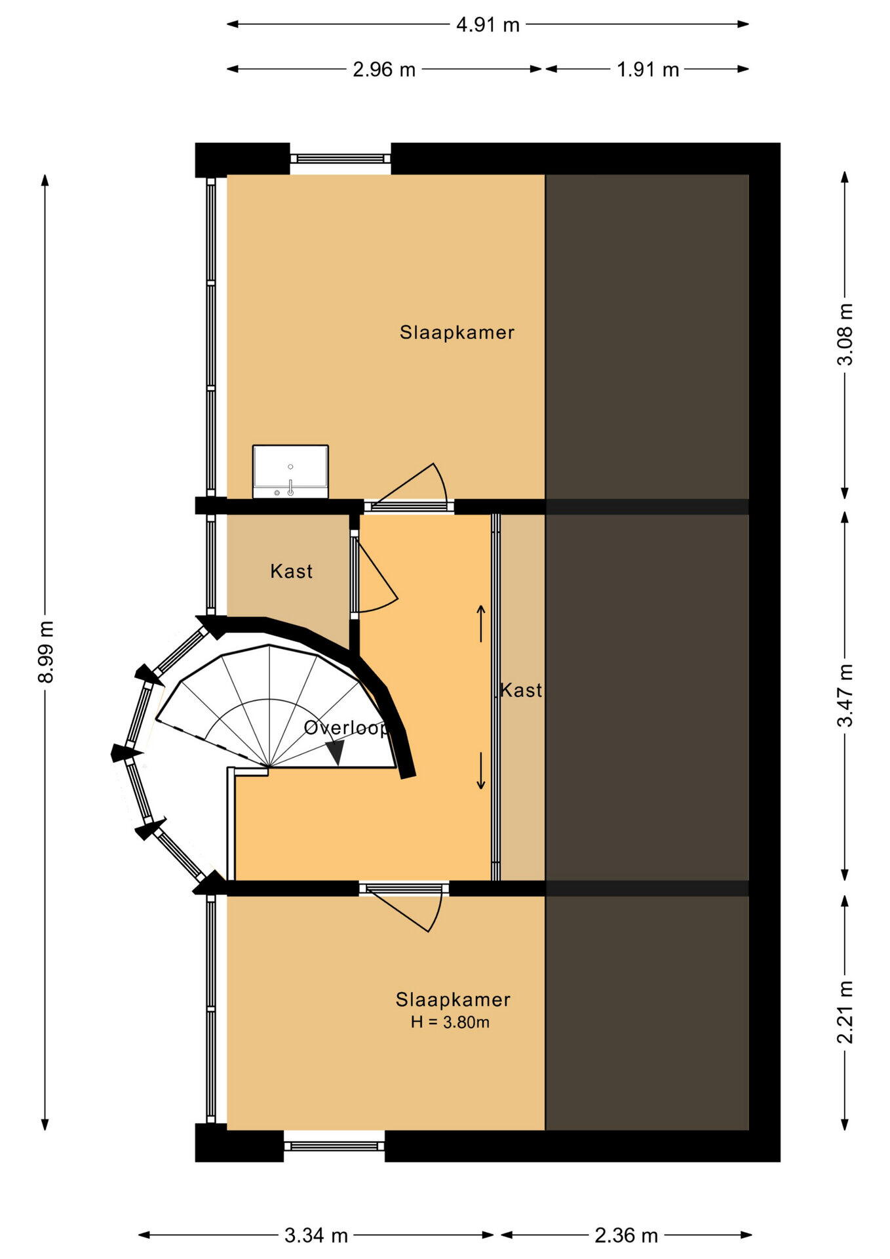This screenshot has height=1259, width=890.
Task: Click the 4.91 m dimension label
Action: coord(488,25)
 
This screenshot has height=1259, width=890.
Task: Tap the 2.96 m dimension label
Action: coord(384,70)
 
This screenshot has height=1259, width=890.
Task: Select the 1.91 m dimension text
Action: coord(648,70)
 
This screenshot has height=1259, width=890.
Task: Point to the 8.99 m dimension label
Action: coord(46,651)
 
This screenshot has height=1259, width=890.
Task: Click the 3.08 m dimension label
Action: coord(845,334)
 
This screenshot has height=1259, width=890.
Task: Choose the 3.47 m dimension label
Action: coord(845,695)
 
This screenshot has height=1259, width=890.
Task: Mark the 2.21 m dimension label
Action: coord(845,1012)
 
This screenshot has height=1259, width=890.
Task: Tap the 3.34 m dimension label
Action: coord(316,1235)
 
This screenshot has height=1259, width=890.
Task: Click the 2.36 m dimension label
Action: coord(626,1235)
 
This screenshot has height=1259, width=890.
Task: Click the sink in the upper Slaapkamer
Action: coord(290,471)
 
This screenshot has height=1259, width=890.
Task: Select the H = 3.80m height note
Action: coord(450,1022)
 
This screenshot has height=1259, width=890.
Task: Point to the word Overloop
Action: coord(345,728)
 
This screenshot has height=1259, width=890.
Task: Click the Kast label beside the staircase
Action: coord(292,571)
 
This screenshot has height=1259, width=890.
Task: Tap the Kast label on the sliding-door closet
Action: coord(522,690)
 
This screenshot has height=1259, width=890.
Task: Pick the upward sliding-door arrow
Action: coord(481,623)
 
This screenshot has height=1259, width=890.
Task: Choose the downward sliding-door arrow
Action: coord(481,770)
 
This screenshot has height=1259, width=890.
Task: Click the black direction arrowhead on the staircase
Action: coord(336,751)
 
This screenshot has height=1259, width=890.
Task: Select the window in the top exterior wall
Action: coord(340,159)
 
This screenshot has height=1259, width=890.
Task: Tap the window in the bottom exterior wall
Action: coord(334,1146)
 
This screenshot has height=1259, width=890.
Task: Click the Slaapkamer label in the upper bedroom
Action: coord(457,332)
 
